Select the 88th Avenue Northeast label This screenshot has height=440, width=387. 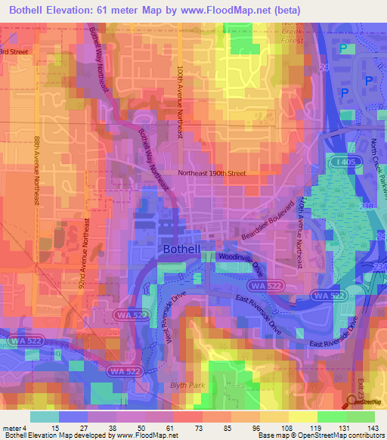point(36,171)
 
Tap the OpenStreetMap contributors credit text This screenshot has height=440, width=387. point(344,435)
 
